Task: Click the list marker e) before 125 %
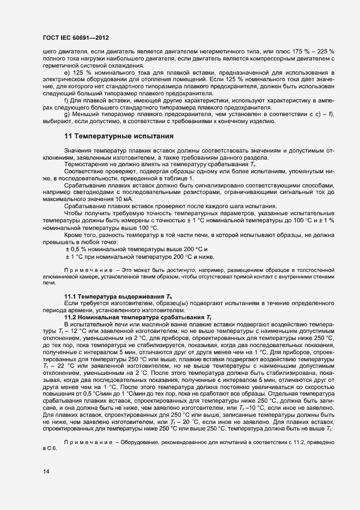pos(66,72)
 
